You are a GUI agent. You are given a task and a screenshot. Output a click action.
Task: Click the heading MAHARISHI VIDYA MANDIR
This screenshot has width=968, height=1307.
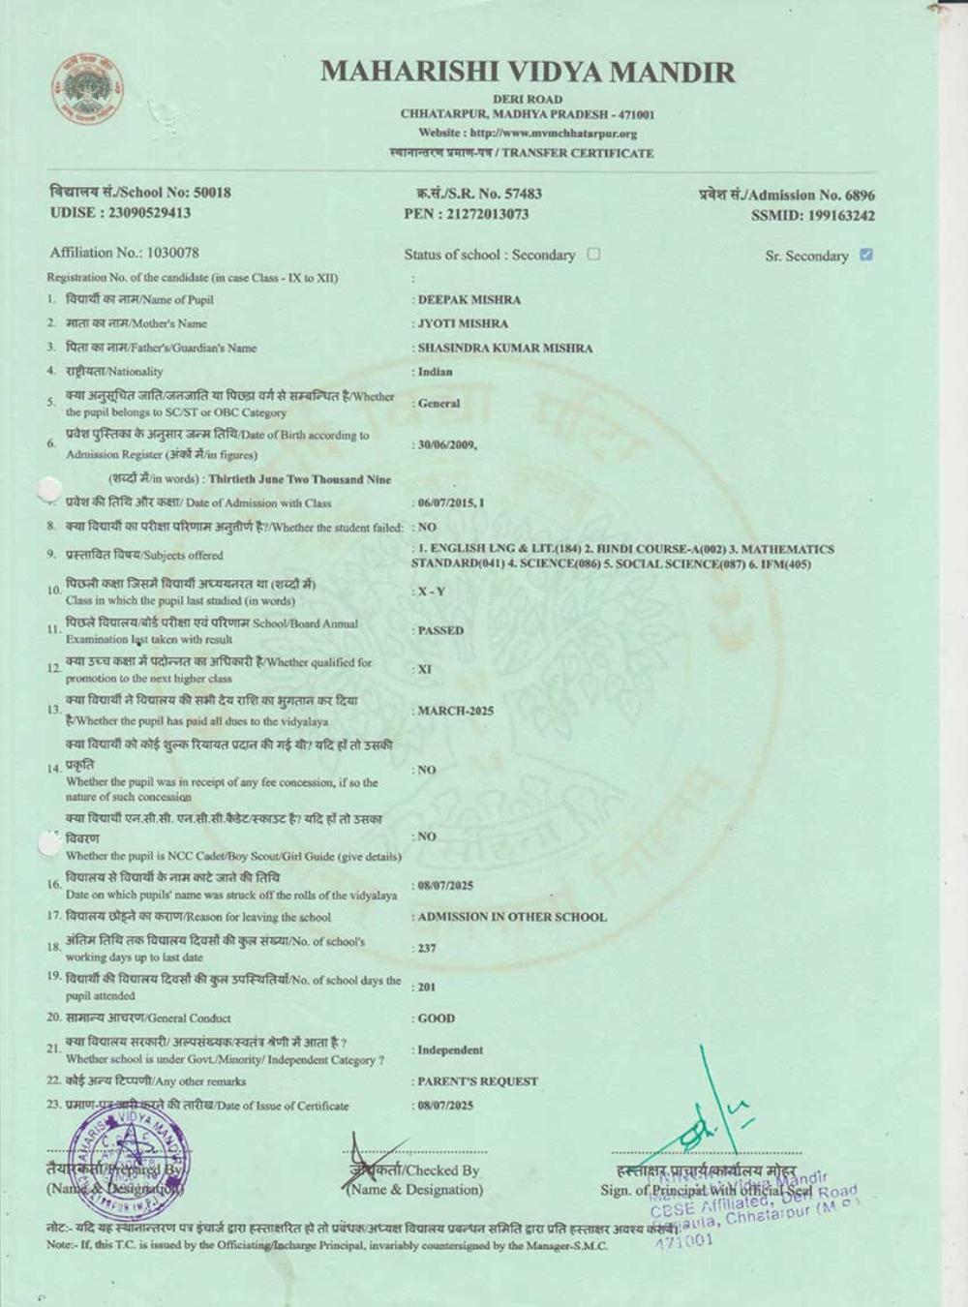[x=528, y=72]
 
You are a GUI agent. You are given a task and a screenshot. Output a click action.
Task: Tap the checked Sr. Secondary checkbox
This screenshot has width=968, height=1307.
[x=865, y=255]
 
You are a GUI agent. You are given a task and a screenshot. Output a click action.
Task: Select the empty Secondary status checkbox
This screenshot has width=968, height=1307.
[x=593, y=254]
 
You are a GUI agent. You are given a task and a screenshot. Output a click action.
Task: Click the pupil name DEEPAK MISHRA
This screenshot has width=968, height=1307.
[x=469, y=300]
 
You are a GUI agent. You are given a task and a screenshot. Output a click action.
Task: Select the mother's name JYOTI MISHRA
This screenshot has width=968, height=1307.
[x=463, y=323]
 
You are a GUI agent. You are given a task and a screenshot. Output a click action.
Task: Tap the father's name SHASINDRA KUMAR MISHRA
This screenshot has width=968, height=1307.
[x=504, y=348]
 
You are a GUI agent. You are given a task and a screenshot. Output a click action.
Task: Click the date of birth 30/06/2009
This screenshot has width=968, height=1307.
[x=445, y=445]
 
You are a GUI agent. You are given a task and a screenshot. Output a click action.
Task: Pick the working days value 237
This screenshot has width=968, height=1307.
[x=427, y=948]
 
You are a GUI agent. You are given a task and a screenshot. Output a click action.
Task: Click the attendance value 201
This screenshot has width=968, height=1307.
[x=427, y=987]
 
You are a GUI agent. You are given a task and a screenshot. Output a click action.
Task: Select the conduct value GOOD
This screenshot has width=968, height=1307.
[x=436, y=1018]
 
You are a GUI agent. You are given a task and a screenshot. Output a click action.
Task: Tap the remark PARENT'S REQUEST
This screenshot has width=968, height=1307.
[x=477, y=1081]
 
